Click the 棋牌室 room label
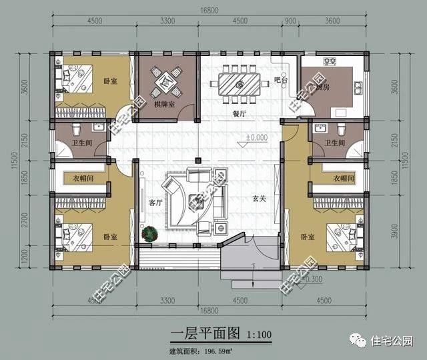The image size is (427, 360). click(x=164, y=105)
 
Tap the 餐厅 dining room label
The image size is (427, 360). click(x=240, y=113)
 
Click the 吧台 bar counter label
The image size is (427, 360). click(x=281, y=80)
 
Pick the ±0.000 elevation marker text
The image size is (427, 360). click(x=256, y=138)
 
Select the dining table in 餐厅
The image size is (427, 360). click(x=238, y=84)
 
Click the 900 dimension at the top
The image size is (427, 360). click(x=290, y=21)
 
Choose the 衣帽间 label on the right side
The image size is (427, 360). click(x=343, y=178)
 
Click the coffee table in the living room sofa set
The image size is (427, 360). click(x=198, y=198)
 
